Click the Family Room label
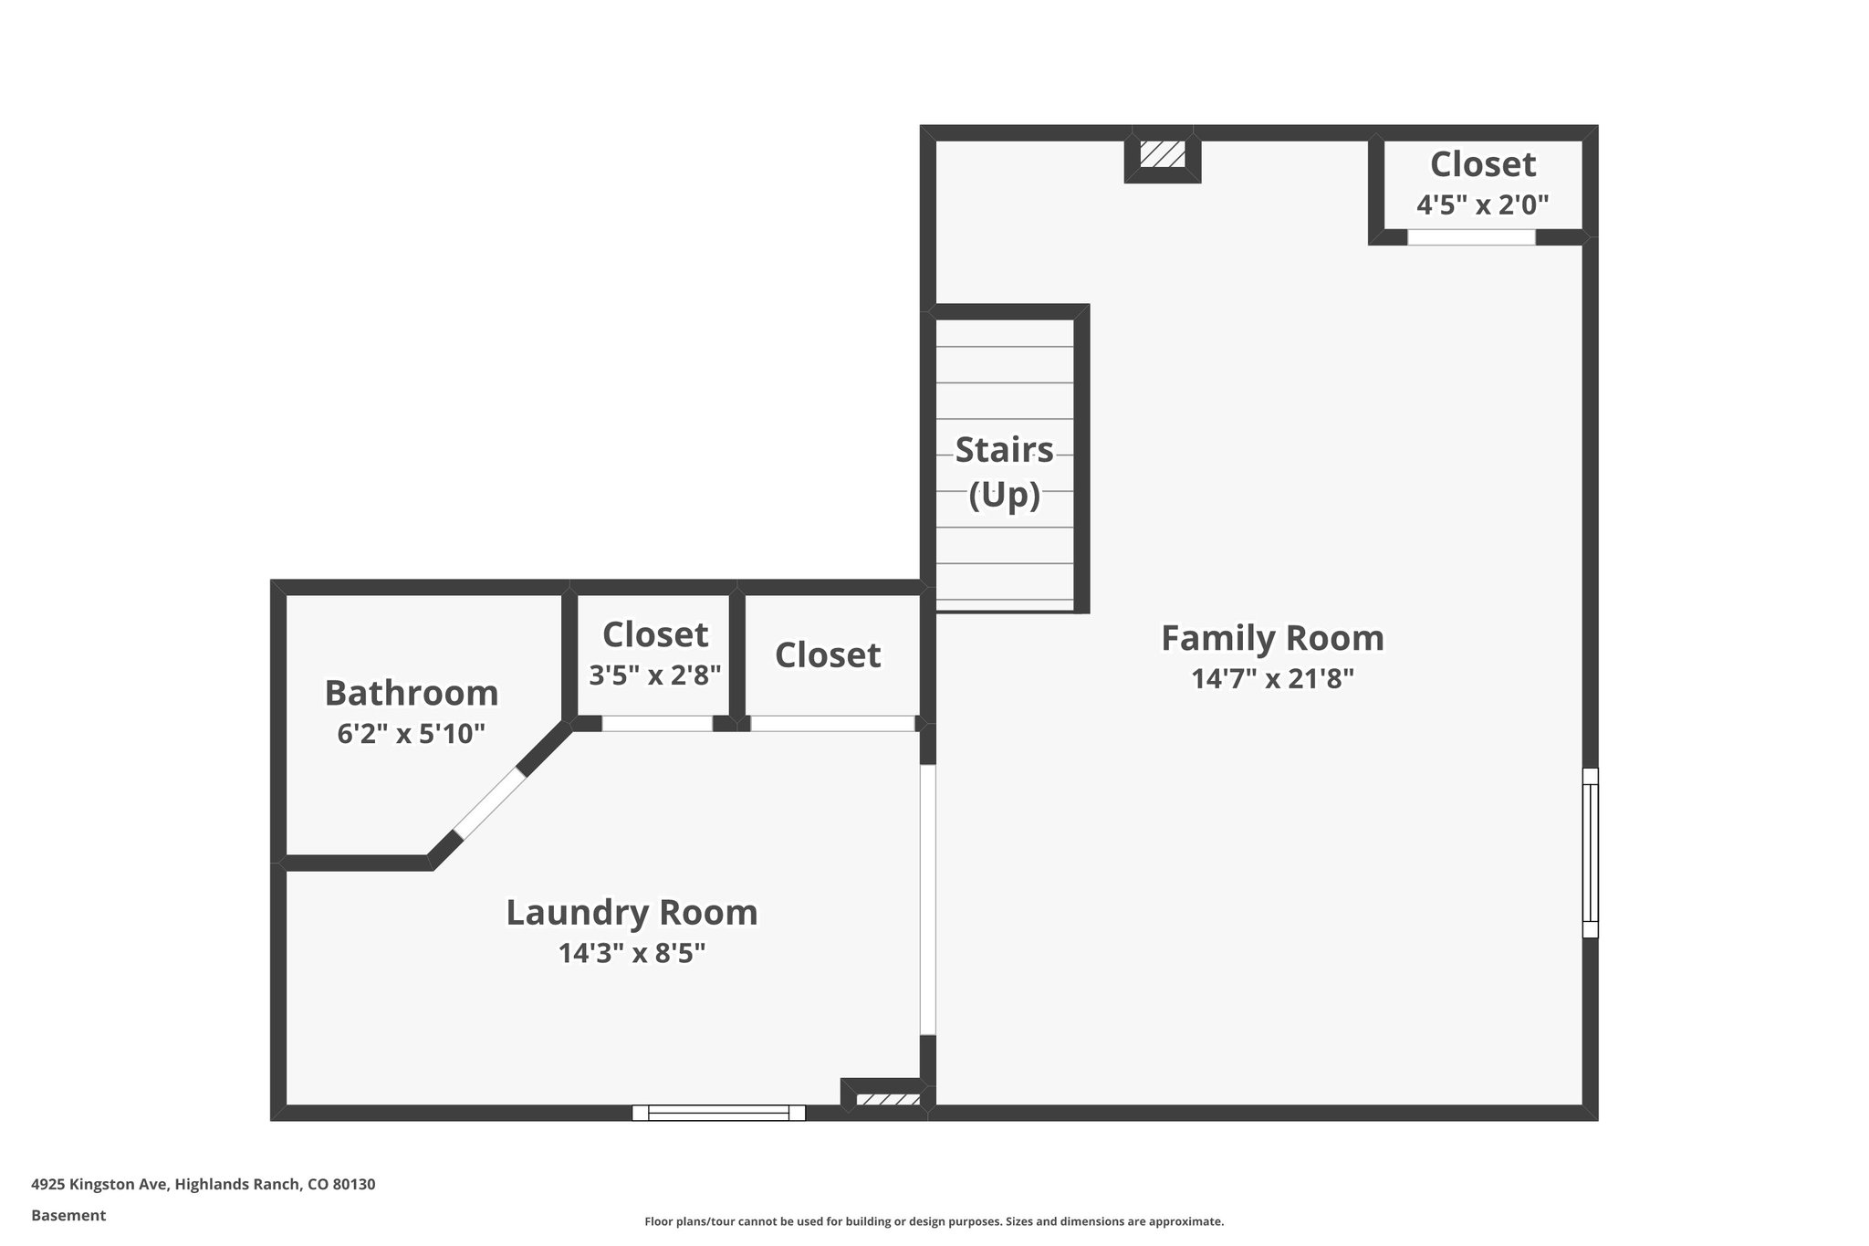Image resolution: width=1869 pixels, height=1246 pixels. pyautogui.click(x=1272, y=638)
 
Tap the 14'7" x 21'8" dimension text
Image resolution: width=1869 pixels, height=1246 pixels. pyautogui.click(x=1272, y=679)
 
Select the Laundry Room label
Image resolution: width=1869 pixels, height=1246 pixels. pyautogui.click(x=632, y=913)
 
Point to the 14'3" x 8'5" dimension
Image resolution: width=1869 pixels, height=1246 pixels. pyautogui.click(x=632, y=953)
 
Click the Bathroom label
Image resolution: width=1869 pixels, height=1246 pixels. pyautogui.click(x=412, y=693)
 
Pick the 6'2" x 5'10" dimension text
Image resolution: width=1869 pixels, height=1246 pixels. pyautogui.click(x=411, y=733)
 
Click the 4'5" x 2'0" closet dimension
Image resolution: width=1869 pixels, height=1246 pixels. pyautogui.click(x=1482, y=204)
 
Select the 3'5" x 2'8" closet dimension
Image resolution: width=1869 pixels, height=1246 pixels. pyautogui.click(x=655, y=675)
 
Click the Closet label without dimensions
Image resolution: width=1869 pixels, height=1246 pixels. pyautogui.click(x=828, y=655)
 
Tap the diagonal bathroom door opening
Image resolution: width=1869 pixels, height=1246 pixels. pyautogui.click(x=489, y=804)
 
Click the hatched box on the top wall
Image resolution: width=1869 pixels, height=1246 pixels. pyautogui.click(x=1162, y=153)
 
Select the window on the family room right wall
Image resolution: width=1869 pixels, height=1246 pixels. pyautogui.click(x=1590, y=853)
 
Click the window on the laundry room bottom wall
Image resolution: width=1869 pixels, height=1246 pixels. pyautogui.click(x=719, y=1113)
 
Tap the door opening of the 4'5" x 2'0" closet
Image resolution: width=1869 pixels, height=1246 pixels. pyautogui.click(x=1471, y=237)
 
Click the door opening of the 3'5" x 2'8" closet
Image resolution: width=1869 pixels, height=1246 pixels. pyautogui.click(x=657, y=724)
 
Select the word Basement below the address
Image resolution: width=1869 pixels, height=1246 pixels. pyautogui.click(x=68, y=1215)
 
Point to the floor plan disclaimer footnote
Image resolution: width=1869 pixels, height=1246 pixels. pyautogui.click(x=934, y=1221)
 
